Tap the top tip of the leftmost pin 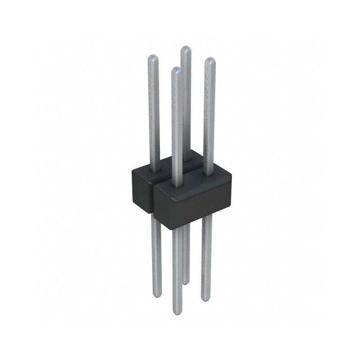(x=153, y=57)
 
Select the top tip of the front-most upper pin (x=177, y=70)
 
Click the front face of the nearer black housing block (x=193, y=205)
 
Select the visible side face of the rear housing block (x=140, y=189)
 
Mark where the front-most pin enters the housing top (x=177, y=183)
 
